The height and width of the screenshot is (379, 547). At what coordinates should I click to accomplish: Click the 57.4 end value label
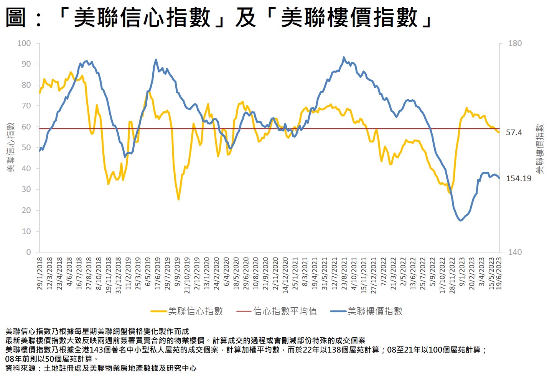coord(514,133)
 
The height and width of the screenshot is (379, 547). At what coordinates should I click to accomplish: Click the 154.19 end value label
coord(519,179)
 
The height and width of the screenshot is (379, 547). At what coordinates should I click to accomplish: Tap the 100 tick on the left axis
coord(24,43)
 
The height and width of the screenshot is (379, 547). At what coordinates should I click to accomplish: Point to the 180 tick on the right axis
coord(515,43)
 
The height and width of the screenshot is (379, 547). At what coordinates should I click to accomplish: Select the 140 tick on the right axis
coord(515,252)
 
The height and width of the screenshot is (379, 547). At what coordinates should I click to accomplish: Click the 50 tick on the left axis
coord(26,148)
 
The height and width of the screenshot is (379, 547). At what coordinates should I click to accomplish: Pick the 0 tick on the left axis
coord(28,252)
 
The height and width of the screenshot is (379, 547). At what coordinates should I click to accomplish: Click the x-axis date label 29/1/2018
coord(40,273)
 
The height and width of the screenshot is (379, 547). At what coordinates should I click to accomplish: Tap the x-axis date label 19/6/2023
coord(499,273)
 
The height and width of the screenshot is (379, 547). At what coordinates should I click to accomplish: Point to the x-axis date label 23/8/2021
coord(344,273)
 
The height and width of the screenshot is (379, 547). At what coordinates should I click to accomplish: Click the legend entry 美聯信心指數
coord(195,311)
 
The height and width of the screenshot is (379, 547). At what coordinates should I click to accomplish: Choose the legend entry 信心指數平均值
coord(285,311)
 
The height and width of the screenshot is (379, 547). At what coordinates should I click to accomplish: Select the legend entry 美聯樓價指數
coord(375,311)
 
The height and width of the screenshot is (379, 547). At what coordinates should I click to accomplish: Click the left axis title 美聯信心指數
coord(11,148)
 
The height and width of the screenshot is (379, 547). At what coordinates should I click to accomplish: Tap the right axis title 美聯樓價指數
coord(540,149)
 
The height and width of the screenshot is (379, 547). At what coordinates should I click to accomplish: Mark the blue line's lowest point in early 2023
coord(460,220)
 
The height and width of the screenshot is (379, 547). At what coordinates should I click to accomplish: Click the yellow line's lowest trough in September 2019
coord(178,199)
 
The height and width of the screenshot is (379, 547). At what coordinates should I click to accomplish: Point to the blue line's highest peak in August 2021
coord(344,57)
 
